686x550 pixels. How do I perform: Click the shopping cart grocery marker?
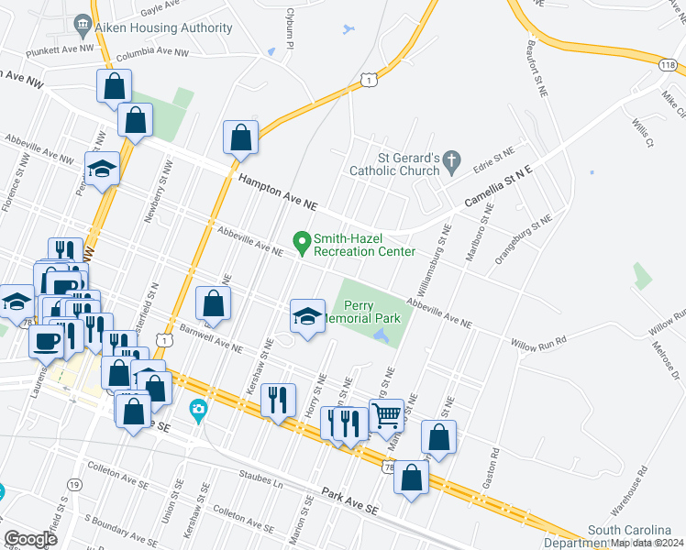(x=386, y=415)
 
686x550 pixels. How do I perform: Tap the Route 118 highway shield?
(x=668, y=64)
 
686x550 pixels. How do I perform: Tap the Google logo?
(x=30, y=539)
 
